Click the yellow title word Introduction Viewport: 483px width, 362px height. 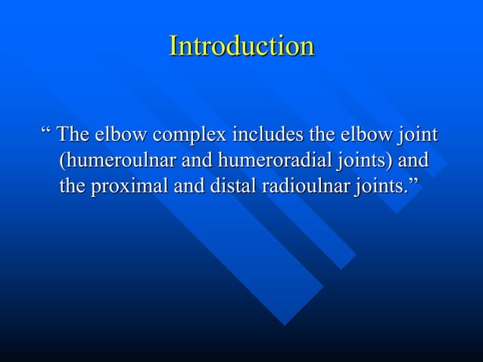point(241,46)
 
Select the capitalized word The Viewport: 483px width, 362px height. point(73,136)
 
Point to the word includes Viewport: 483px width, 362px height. point(266,136)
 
